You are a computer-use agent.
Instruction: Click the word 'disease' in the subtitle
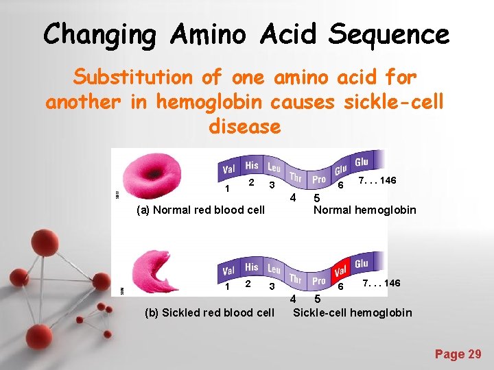point(245,126)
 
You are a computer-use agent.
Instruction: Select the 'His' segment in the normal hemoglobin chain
point(252,165)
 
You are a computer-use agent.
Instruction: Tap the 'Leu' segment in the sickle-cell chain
point(274,269)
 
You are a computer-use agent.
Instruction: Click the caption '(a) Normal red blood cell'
point(200,210)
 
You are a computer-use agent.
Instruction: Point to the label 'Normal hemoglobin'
point(364,210)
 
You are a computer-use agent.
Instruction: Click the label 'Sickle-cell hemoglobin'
point(353,312)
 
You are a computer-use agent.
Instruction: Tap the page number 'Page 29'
point(458,354)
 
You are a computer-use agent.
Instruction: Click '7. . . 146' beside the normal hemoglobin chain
point(377,180)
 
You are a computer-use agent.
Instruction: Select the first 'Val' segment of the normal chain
point(229,169)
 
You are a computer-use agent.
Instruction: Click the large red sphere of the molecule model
point(47,243)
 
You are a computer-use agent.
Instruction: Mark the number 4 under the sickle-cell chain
point(293,299)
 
